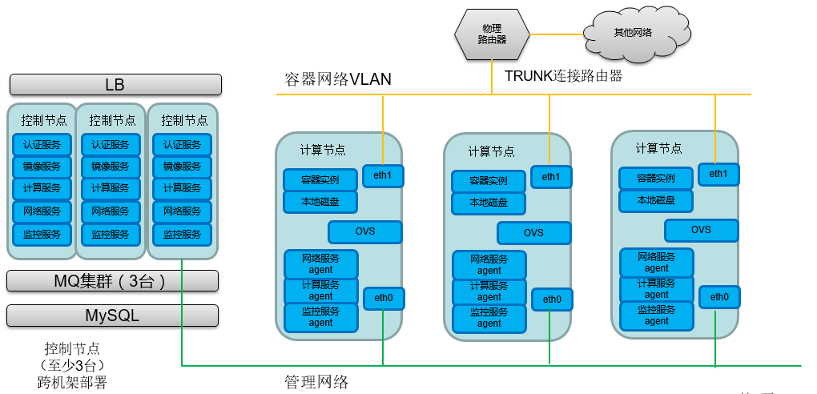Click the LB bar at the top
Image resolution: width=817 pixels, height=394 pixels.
[115, 85]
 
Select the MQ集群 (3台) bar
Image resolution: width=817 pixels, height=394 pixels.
[112, 281]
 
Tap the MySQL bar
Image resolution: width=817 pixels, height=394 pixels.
[112, 316]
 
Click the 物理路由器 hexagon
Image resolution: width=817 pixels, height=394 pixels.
[492, 34]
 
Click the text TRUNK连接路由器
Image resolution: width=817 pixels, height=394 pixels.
[563, 76]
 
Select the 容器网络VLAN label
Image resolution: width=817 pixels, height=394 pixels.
[338, 78]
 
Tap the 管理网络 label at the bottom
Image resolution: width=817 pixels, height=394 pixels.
[316, 381]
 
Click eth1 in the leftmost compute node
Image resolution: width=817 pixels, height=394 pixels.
[383, 175]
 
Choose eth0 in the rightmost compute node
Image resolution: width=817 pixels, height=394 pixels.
[718, 297]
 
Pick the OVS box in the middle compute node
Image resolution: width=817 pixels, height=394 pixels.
[533, 233]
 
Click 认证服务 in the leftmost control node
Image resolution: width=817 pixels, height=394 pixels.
[42, 145]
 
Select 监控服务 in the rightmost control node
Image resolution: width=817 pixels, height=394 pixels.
[182, 235]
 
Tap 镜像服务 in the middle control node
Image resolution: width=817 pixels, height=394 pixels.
[111, 167]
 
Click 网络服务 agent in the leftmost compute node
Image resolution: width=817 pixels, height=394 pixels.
[321, 264]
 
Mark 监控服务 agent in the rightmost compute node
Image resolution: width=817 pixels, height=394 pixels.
[656, 316]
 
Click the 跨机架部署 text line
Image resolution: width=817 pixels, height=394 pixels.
[72, 382]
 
